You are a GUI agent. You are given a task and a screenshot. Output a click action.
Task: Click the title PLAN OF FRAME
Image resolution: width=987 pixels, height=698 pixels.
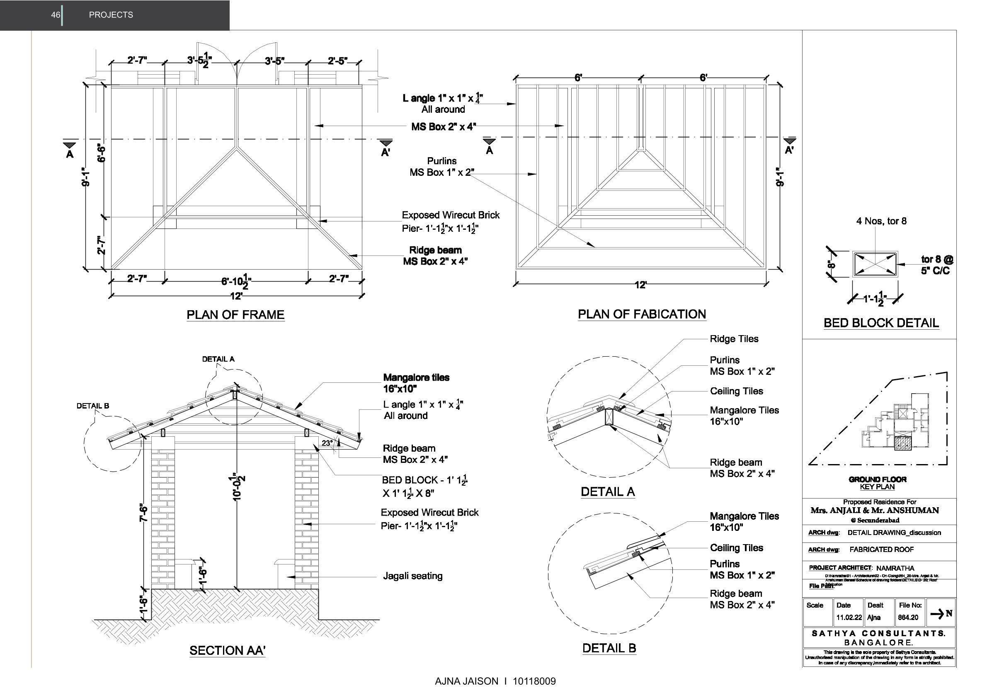235,315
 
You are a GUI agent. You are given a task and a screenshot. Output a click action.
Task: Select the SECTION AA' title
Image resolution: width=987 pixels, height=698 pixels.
228,651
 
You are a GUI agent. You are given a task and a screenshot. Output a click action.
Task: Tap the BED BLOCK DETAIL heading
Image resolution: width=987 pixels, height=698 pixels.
881,323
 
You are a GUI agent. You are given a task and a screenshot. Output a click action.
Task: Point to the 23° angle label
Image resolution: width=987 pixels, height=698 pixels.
327,443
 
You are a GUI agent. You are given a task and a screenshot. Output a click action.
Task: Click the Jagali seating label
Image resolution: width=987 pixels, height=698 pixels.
413,576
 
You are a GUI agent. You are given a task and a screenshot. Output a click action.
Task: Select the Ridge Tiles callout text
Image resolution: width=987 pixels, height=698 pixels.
734,339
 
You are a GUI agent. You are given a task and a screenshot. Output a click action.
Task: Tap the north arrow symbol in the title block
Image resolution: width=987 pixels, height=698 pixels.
941,613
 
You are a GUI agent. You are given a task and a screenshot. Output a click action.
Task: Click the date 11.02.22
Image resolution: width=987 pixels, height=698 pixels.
849,618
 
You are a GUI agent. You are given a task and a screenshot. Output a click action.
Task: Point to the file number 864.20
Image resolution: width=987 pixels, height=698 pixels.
908,618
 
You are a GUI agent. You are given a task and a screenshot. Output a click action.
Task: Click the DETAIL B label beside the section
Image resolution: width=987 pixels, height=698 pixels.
93,406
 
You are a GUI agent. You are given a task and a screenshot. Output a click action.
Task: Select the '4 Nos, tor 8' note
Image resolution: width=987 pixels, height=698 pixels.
881,221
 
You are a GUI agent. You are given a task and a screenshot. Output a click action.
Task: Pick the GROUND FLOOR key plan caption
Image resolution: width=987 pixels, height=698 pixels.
878,479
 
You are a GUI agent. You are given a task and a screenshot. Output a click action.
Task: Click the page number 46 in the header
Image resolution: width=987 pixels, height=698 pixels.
56,15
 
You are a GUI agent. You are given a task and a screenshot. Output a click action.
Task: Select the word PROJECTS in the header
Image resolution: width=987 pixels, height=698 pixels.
111,15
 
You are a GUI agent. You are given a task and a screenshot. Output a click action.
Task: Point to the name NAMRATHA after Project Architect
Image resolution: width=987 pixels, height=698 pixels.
895,568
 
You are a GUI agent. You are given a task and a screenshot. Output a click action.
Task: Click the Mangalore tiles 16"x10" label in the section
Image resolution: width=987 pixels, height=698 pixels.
416,383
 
